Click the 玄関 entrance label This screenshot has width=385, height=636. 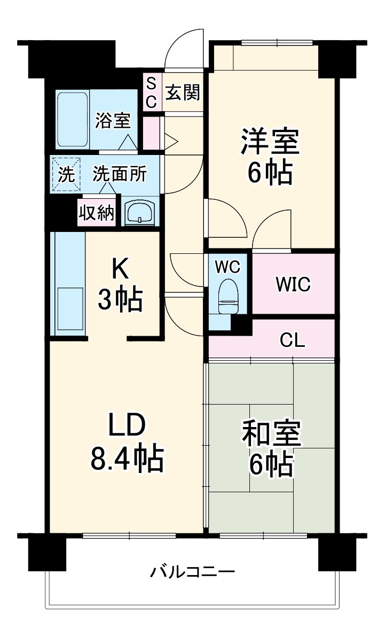point(182,93)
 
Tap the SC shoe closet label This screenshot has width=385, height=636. point(151,93)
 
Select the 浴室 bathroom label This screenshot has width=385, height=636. point(113,121)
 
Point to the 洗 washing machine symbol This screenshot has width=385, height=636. point(66,174)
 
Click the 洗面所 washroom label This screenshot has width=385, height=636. point(119,174)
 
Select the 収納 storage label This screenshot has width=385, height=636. point(97,213)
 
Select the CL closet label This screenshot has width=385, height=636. point(292,340)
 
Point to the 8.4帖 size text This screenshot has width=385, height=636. point(127,458)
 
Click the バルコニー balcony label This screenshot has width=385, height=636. point(192,572)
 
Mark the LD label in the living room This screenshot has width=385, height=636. point(127,426)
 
